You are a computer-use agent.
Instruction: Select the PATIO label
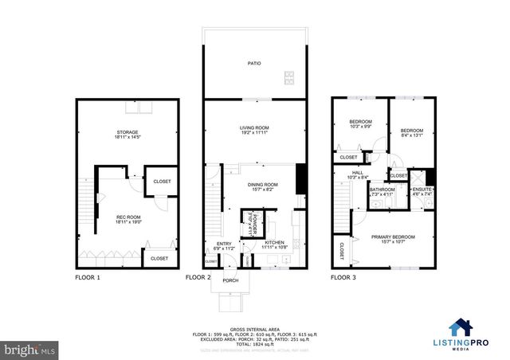pos(253,63)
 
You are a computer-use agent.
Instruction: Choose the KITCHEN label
pos(275,242)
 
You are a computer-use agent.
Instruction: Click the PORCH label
pos(230,280)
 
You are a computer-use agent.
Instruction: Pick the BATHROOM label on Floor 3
pos(382,190)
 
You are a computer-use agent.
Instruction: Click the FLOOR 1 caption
pos(88,278)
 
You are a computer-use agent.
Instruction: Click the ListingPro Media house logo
pos(460,327)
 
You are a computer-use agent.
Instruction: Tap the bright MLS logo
pos(29,349)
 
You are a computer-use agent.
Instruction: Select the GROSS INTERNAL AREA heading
pos(253,328)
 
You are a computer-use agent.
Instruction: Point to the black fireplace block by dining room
pos(301,179)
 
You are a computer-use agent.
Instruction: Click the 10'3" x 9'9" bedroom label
pos(355,124)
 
